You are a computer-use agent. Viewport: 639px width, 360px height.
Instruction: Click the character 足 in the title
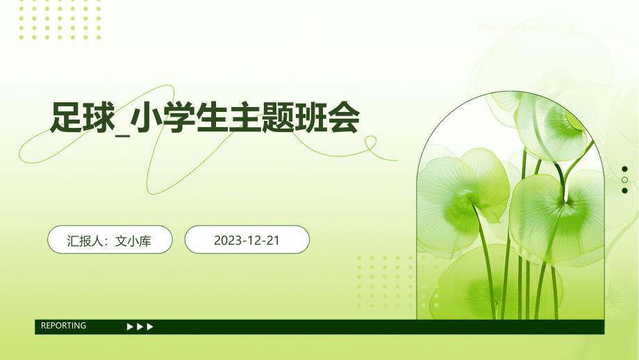65,118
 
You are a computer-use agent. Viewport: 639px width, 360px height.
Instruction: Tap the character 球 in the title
97,118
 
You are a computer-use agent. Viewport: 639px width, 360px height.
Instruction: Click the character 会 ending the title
343,118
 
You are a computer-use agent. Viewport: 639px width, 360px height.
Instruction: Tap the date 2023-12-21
247,240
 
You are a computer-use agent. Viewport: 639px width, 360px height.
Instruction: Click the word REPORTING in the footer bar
64,326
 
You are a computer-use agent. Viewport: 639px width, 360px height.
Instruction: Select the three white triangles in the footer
140,327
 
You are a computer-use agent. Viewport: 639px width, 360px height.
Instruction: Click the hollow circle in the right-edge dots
625,180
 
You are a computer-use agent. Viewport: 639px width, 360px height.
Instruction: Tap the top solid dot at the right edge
625,169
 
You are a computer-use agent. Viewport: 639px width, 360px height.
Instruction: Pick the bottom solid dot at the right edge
625,190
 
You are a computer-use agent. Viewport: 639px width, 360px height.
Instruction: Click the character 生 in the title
209,118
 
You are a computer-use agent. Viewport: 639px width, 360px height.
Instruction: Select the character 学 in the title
178,118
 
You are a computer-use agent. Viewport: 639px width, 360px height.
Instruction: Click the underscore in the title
123,131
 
